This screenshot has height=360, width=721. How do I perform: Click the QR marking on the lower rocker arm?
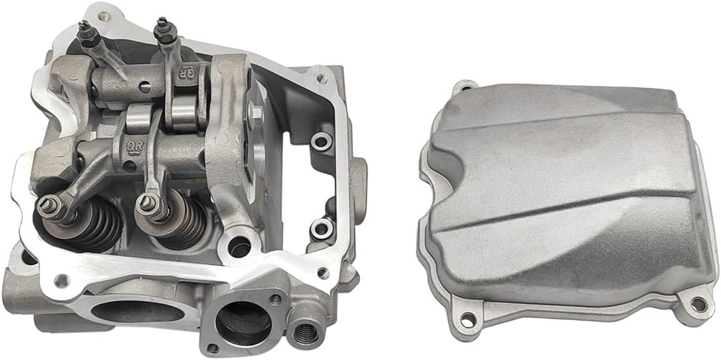point(133,145)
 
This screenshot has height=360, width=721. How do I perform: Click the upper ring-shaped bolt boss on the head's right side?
point(321,141)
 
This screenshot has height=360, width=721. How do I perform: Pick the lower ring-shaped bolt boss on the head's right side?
point(321,227)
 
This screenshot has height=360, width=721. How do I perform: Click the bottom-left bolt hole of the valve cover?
point(468,318)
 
